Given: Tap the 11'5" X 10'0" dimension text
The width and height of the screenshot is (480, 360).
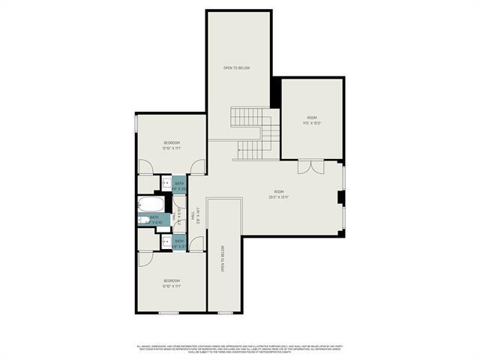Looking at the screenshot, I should (x=313, y=124).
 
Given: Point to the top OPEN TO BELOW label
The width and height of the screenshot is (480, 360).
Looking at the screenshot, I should (x=237, y=67).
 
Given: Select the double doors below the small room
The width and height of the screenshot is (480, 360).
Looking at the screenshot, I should (x=310, y=166).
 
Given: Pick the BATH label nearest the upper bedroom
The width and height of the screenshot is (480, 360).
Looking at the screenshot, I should (x=179, y=182).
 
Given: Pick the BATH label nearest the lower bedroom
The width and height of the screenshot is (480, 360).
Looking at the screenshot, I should (x=179, y=241).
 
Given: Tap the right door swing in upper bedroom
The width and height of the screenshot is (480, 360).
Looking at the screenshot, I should (x=196, y=168).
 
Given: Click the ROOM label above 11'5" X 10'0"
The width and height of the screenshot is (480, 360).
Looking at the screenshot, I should (x=313, y=118).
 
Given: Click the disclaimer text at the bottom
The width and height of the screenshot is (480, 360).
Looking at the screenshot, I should (x=240, y=348).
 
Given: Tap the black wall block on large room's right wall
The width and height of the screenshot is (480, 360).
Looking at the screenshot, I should (x=340, y=198).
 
